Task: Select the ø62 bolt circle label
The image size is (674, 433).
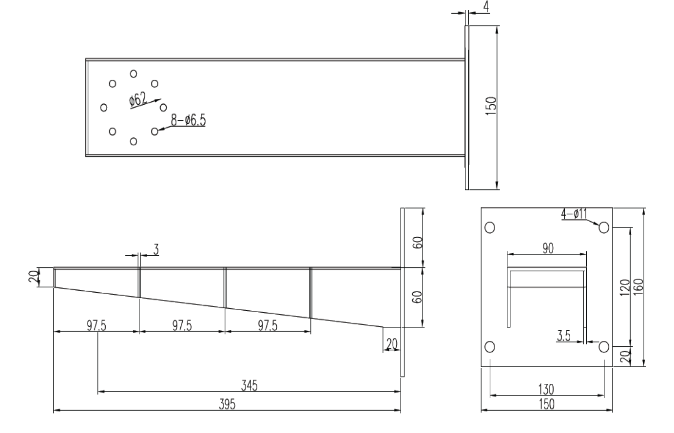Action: pos(137,99)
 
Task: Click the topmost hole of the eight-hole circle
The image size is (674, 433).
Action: pos(134,74)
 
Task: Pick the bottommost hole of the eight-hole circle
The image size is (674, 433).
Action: pos(134,141)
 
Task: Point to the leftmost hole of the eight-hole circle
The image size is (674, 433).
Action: pos(103,108)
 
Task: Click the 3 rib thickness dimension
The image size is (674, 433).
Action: pos(156,250)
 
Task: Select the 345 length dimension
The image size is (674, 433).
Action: pos(249,386)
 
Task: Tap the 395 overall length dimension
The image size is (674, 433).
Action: pos(227,405)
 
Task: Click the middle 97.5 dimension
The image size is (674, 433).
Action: pos(182,326)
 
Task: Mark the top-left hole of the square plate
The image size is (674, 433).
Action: pos(490,227)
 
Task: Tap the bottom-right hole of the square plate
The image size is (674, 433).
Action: pos(604,346)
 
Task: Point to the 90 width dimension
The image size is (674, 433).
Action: pos(548,248)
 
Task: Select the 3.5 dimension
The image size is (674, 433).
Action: pos(564,336)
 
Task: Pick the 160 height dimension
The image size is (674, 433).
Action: pos(639,287)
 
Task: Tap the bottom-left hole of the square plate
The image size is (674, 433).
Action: pos(490,346)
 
